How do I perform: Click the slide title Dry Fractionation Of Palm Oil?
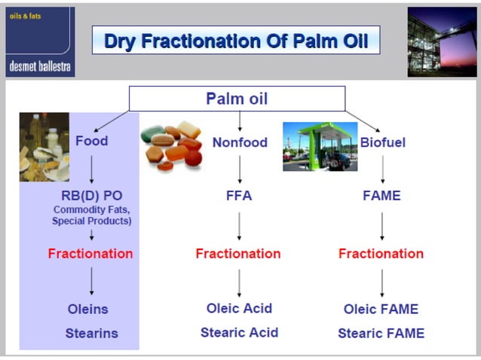(235, 41)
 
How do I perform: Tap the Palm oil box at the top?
(237, 99)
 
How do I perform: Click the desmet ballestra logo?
(40, 42)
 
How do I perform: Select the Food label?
(91, 141)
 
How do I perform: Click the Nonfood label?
(240, 142)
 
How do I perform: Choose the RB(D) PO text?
(91, 196)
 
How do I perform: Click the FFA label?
(239, 196)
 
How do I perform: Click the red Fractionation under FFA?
(237, 254)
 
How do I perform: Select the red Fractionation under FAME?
(381, 254)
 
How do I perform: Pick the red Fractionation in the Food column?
(90, 254)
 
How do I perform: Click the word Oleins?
(87, 309)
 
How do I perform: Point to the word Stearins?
(91, 333)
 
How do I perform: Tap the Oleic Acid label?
(239, 308)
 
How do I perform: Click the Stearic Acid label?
(239, 332)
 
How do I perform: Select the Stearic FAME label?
(381, 333)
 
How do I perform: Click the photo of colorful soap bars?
(172, 144)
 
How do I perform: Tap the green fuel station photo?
(320, 146)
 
